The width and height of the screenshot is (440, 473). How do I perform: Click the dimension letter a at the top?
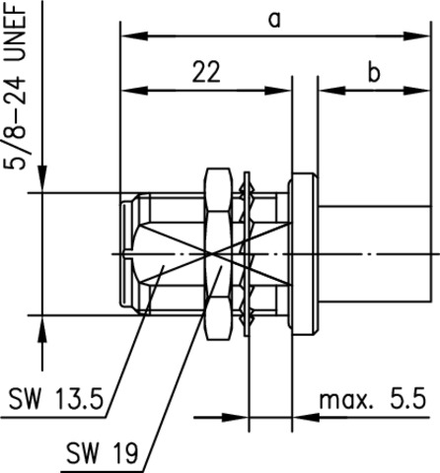(274, 21)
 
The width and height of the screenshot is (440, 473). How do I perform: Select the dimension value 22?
(206, 72)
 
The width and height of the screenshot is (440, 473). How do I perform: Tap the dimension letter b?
(374, 73)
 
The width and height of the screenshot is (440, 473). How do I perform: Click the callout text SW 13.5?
(56, 399)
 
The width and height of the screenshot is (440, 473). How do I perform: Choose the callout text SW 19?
(103, 453)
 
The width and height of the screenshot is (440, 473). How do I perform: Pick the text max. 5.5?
(373, 398)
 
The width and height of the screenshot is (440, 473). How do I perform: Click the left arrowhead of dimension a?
(134, 36)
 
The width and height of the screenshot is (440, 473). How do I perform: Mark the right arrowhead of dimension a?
(416, 36)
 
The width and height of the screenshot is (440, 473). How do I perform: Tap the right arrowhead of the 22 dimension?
(278, 91)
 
